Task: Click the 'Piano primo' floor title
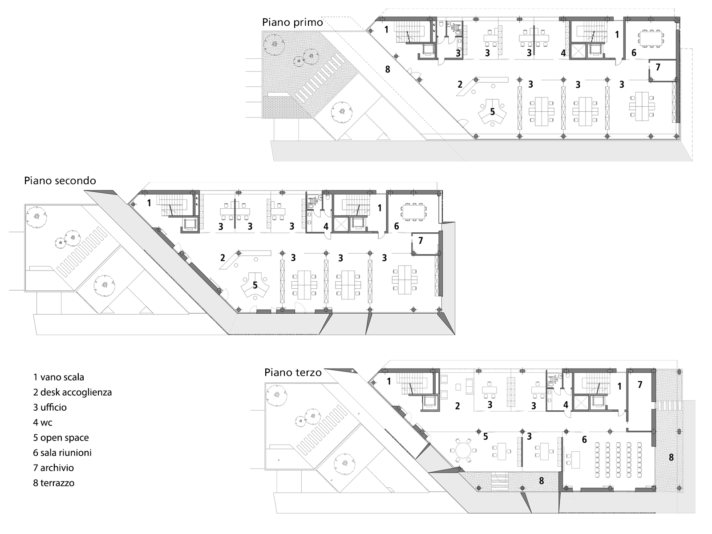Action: (292, 22)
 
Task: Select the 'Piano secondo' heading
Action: (60, 180)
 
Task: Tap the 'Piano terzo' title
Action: (293, 372)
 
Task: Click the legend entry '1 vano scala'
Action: (58, 377)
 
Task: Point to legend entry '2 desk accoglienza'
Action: (72, 392)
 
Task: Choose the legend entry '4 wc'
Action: (43, 422)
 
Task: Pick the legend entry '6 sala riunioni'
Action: (62, 453)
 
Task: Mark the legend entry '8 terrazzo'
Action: (53, 483)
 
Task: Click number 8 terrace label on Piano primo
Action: (388, 69)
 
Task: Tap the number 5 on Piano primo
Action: (492, 112)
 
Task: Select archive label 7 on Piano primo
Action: (658, 68)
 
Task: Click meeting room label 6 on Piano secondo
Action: (396, 226)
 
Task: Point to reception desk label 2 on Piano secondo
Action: (222, 257)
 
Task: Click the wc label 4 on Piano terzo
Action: (566, 405)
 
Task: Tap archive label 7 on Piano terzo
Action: (640, 384)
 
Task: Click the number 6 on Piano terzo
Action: (584, 440)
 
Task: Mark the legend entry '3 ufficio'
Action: (50, 407)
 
